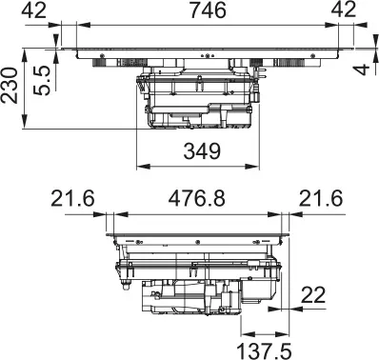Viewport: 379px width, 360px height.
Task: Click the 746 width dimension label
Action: [x=200, y=10]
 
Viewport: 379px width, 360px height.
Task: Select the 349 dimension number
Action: [x=200, y=150]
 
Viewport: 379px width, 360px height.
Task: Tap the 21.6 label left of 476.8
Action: [x=73, y=200]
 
